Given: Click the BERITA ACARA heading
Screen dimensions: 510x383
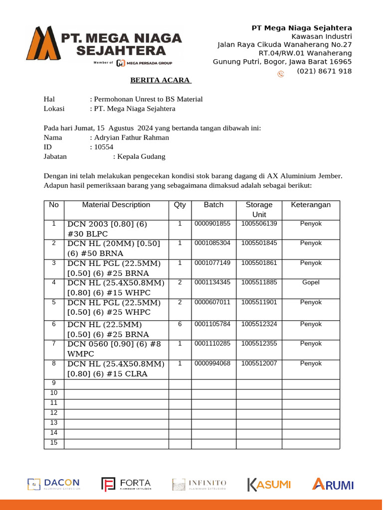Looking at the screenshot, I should click(161, 80).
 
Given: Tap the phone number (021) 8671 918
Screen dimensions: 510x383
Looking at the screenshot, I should click(324, 71).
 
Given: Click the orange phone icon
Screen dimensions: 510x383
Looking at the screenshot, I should click(281, 74).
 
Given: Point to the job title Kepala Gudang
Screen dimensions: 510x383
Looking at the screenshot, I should click(141, 156).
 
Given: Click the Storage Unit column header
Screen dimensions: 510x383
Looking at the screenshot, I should click(259, 210).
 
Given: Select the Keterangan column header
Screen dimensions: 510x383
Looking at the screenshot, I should click(311, 205).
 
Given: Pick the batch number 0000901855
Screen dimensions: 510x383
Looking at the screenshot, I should click(212, 224).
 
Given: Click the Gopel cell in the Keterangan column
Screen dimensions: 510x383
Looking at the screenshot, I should click(311, 282).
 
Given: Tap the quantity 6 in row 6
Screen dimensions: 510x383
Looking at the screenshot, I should click(180, 324).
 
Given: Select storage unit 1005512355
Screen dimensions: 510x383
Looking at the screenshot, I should click(259, 344).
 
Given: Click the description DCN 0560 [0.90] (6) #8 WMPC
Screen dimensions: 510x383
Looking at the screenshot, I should click(114, 349).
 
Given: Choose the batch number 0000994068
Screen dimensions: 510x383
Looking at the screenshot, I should click(212, 364).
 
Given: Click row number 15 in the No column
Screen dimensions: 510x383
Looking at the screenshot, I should click(54, 443).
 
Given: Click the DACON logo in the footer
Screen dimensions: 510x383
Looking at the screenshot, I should click(53, 484).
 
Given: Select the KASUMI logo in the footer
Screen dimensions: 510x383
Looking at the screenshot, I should click(269, 484).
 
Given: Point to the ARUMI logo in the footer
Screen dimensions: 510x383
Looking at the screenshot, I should click(333, 484).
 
